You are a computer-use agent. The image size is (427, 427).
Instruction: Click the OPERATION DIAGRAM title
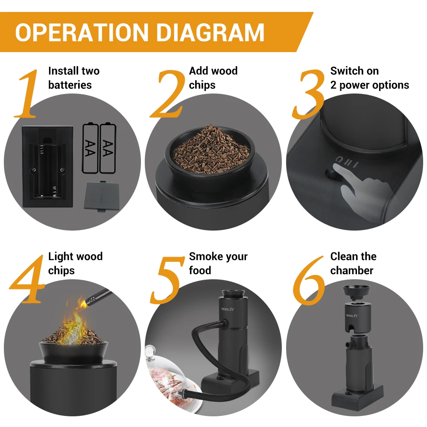click(140, 32)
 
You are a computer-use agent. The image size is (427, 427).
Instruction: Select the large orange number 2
click(167, 95)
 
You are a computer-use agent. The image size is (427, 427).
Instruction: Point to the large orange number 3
click(308, 95)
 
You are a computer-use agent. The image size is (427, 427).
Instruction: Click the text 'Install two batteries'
click(73, 78)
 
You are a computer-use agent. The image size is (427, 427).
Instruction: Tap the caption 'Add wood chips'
click(213, 78)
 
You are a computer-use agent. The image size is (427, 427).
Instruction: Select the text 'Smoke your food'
click(218, 263)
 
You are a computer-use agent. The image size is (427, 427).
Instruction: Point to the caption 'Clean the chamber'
click(353, 263)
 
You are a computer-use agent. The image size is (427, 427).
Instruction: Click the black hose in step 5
click(201, 337)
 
